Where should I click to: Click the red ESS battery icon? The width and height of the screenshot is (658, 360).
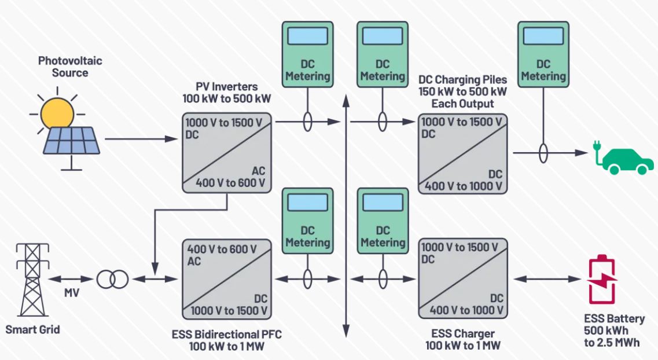[x=602, y=281]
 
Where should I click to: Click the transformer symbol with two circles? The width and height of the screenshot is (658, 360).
[x=112, y=280]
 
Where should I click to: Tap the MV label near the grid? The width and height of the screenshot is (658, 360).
[x=72, y=293]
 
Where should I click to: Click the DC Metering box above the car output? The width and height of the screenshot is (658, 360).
[x=543, y=55]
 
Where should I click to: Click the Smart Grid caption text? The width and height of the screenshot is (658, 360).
[x=32, y=330]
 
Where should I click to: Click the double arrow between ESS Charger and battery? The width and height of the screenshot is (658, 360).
[x=547, y=278]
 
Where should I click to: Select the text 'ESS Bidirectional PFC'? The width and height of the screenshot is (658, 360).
[x=227, y=334]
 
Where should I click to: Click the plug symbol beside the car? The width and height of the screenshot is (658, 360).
[x=596, y=153]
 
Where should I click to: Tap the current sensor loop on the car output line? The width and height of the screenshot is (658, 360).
[x=543, y=153]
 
